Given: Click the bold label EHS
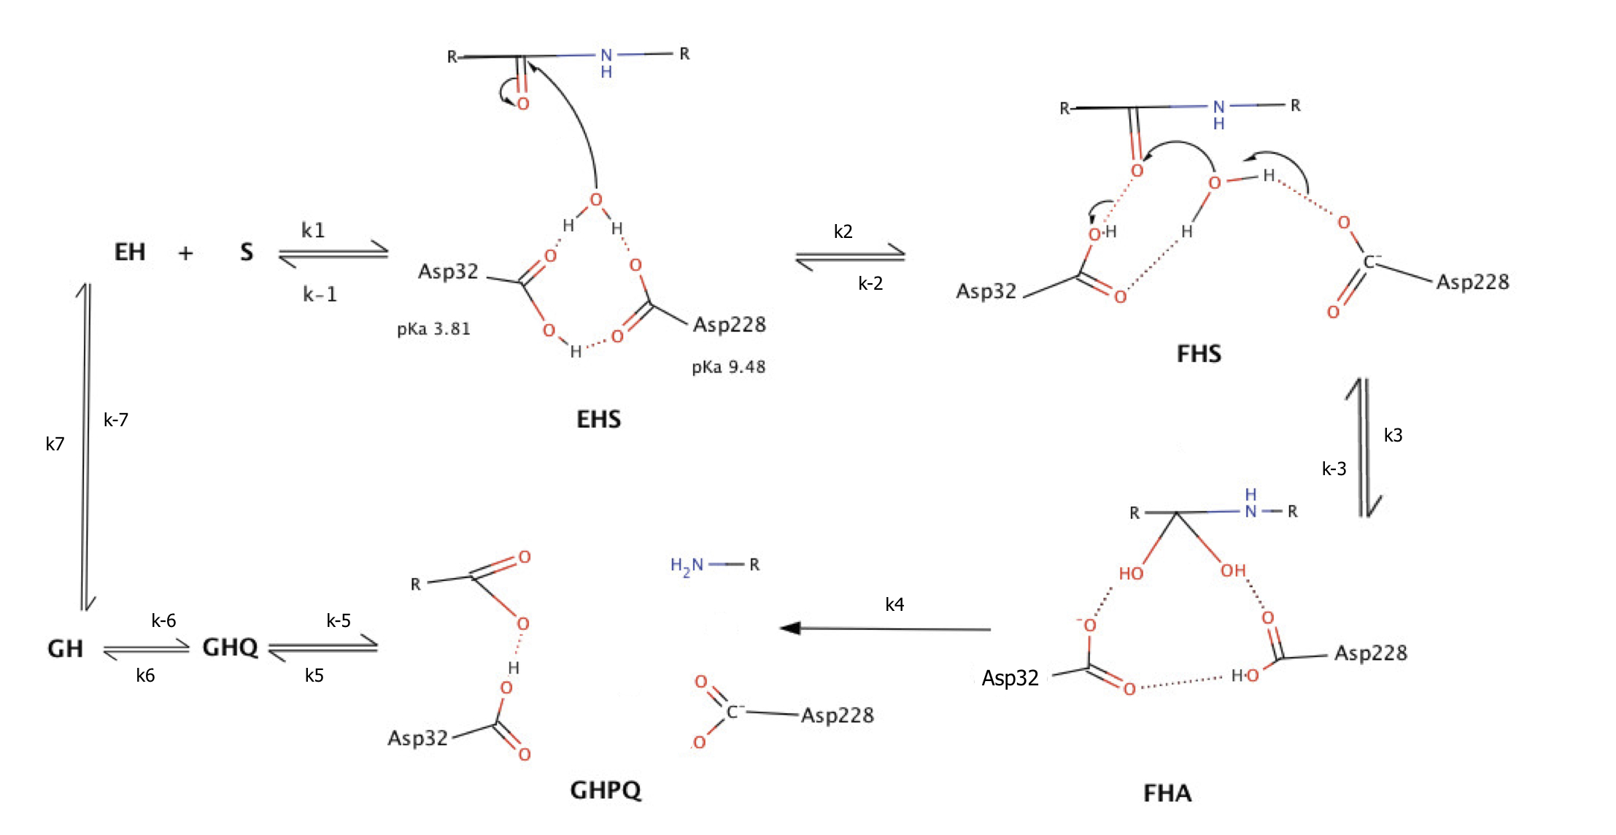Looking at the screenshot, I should pyautogui.click(x=598, y=419).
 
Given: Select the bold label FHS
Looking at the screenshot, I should pyautogui.click(x=1199, y=354).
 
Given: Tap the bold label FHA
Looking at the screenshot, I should pyautogui.click(x=1167, y=793).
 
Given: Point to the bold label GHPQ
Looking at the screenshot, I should pyautogui.click(x=606, y=790).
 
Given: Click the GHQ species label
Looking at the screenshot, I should pyautogui.click(x=230, y=647).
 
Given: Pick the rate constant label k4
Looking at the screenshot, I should pyautogui.click(x=894, y=604).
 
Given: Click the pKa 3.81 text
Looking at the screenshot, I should pyautogui.click(x=433, y=329).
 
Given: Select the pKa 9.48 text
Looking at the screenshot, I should pyautogui.click(x=728, y=366).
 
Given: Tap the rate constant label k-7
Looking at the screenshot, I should pyautogui.click(x=116, y=420).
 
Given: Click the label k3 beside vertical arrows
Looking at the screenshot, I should pyautogui.click(x=1393, y=435).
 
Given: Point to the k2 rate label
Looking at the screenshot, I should pyautogui.click(x=843, y=231).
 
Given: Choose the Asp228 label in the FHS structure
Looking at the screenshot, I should pyautogui.click(x=1472, y=282).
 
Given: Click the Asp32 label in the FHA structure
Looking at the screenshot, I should pyautogui.click(x=1010, y=678).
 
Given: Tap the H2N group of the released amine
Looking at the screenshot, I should pyautogui.click(x=687, y=566).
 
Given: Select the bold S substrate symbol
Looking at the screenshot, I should pyautogui.click(x=247, y=253).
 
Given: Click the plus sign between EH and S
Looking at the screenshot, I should pyautogui.click(x=186, y=253).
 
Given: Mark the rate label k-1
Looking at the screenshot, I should pyautogui.click(x=320, y=294).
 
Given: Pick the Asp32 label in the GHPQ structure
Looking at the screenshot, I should pyautogui.click(x=417, y=738).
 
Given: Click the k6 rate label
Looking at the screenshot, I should pyautogui.click(x=145, y=675).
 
